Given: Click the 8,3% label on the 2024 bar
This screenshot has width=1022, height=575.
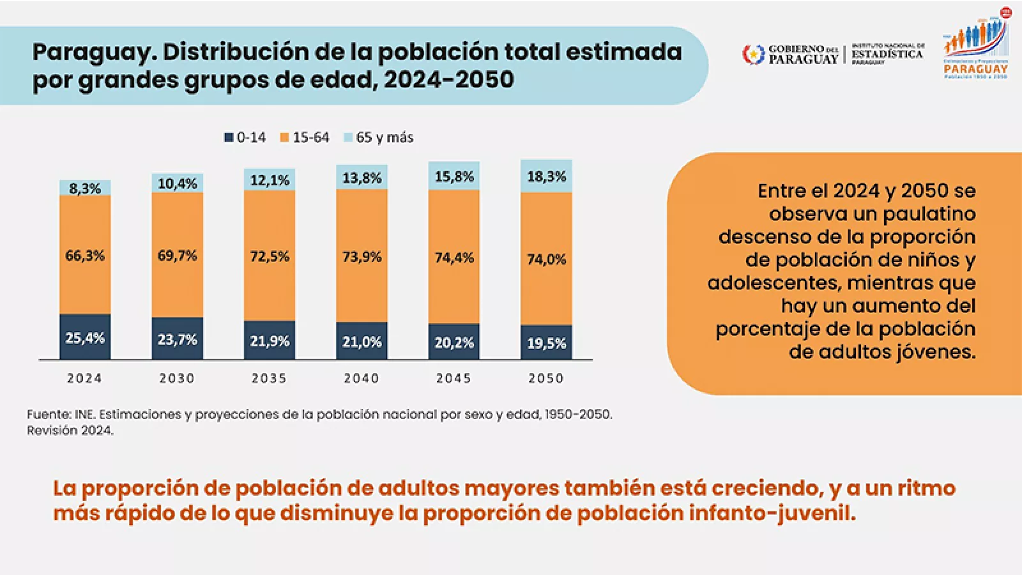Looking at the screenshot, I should coord(85,188).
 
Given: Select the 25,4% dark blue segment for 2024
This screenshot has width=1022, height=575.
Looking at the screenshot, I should coord(85,337).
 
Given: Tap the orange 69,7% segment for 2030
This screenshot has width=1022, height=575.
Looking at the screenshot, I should coord(177,256).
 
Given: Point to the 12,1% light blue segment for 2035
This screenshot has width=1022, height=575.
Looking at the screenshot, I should coord(270,180).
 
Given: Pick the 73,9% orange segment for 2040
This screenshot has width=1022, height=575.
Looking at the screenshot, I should coord(362,256).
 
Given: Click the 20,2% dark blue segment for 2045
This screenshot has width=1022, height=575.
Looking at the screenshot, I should coord(454,342).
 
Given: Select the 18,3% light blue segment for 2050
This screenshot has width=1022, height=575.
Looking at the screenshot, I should coord(546,176).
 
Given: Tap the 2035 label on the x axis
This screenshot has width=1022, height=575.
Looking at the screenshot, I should coord(269,378).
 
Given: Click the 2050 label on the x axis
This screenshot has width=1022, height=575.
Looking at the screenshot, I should coord(546,378).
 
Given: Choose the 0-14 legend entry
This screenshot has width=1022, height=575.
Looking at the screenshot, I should coord(245,137).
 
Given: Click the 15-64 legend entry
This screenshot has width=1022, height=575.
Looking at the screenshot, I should coord(305,137).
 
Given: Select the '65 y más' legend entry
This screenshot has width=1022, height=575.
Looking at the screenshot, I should coord(379,137).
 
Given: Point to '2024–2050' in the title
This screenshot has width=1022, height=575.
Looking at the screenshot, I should coord(449,80).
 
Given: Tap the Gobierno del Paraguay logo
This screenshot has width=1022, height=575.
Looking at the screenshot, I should coord(790,54).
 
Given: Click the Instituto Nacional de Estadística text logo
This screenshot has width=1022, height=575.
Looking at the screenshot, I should coord(888,54).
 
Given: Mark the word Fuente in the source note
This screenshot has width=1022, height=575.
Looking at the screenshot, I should coord(49,414).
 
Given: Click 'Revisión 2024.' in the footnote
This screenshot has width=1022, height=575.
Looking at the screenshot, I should coord(70,431).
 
